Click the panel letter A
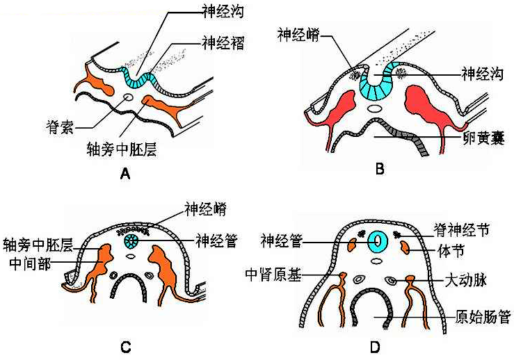[125, 174]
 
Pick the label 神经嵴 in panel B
[296, 35]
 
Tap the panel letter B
[380, 167]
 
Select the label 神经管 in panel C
[218, 241]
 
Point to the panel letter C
[125, 345]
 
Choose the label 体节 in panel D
[454, 248]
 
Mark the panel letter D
[376, 345]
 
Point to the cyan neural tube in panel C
[132, 242]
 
